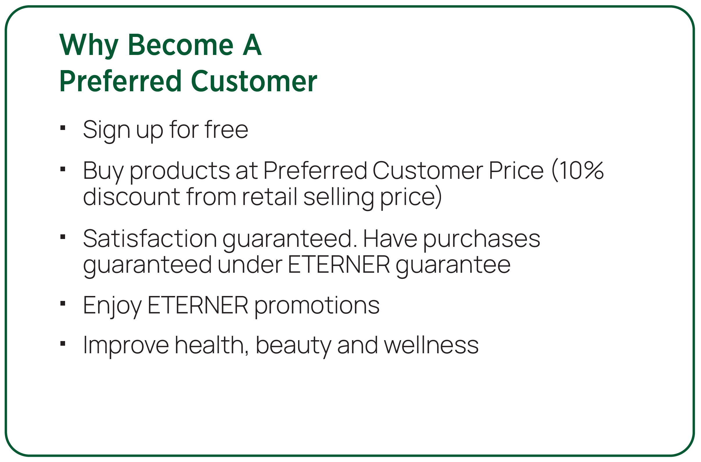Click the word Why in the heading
tap(89, 46)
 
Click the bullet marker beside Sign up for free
tap(62, 128)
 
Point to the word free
tap(226, 130)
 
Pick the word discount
tap(131, 197)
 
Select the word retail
tap(269, 197)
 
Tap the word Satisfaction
tap(150, 238)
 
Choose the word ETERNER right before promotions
tap(198, 305)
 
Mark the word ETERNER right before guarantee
tap(339, 265)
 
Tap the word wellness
tap(431, 345)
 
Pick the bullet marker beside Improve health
tap(62, 343)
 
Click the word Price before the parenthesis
tap(516, 171)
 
